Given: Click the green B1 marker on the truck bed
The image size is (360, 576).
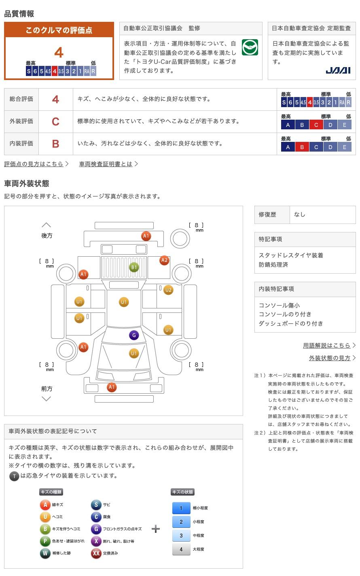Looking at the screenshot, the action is click(x=134, y=268).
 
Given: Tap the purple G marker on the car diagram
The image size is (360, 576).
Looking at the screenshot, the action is click(x=134, y=335).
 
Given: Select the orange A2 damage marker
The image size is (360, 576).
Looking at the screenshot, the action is click(x=164, y=260).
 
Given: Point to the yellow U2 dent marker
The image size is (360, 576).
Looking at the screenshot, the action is click(x=168, y=290).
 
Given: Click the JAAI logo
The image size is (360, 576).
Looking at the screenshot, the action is click(x=338, y=70).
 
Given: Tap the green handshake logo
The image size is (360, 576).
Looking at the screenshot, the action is click(x=250, y=47).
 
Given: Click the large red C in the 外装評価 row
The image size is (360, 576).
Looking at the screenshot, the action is click(x=55, y=122).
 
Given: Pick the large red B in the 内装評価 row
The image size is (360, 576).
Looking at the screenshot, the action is click(x=55, y=144).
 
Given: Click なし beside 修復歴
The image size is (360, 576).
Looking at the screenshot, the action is click(x=300, y=215).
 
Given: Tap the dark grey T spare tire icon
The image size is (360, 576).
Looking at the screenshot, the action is click(x=14, y=476).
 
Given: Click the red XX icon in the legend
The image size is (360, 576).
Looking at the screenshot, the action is click(x=96, y=553).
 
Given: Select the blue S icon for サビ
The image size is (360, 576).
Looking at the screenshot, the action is click(x=96, y=504).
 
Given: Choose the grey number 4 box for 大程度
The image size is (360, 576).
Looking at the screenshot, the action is click(x=181, y=549).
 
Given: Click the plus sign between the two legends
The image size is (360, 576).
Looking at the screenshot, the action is click(x=156, y=529).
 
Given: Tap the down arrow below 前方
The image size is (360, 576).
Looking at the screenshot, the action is click(x=47, y=399).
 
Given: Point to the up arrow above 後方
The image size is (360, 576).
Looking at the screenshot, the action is click(x=47, y=225).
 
